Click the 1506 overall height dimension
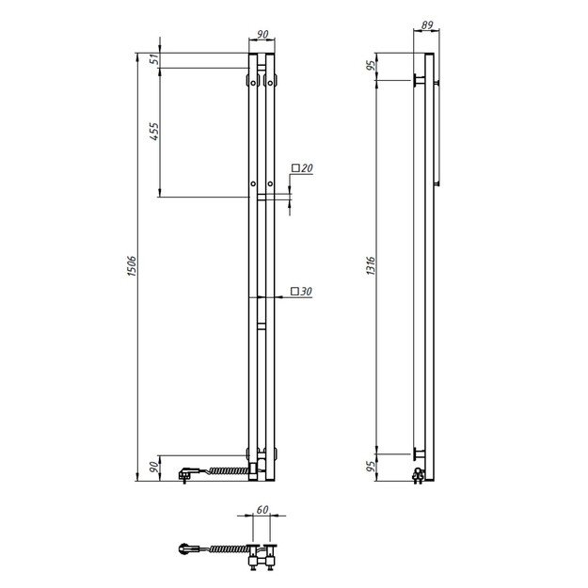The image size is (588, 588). (x=132, y=267)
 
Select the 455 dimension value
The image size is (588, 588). (x=152, y=133)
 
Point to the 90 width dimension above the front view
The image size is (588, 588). (x=262, y=35)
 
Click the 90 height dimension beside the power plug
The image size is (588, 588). (x=152, y=468)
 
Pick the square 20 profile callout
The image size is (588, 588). (x=302, y=167)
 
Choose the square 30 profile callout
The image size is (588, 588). (x=302, y=292)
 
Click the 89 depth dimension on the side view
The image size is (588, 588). (x=426, y=27)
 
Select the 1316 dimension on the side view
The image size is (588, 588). (x=370, y=266)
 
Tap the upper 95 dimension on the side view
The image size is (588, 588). (x=370, y=66)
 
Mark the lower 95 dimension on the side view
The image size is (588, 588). (x=370, y=466)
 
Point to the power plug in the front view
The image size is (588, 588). (x=186, y=470)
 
